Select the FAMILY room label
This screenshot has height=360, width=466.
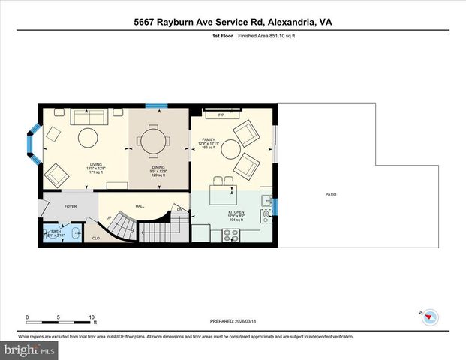[x=209, y=139]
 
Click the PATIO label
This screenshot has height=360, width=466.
[x=331, y=194]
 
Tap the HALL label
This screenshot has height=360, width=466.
[x=140, y=205]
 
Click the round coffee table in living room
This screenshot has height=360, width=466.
[x=89, y=137]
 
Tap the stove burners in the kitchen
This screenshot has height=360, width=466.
[x=230, y=234]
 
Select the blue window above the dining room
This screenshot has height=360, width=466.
[x=156, y=105]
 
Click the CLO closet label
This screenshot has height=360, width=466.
[x=96, y=238]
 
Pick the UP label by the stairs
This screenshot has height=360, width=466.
[x=109, y=218]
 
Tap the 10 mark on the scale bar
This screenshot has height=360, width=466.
[x=92, y=317]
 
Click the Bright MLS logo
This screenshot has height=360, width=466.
[x=29, y=350]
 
